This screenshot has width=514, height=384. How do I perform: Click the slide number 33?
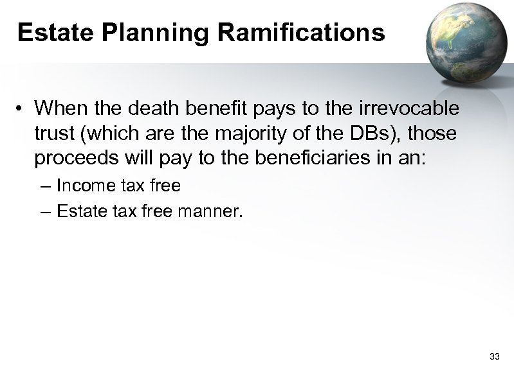tap(495, 356)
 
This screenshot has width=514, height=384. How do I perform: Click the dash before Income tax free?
tap(43, 186)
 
